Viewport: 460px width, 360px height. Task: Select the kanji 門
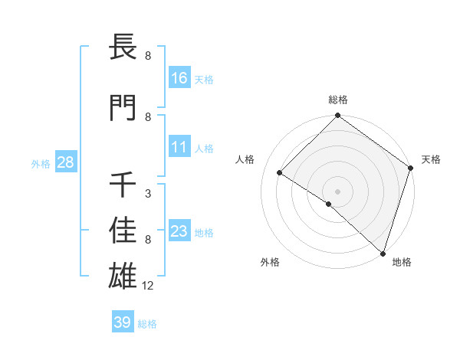point(124,109)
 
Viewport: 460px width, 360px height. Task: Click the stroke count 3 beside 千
point(148,194)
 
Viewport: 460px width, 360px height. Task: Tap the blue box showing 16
point(179,78)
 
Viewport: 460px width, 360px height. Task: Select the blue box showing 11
point(179,147)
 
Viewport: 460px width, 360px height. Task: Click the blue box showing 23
point(179,231)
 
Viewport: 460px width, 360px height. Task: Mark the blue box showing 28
point(65,162)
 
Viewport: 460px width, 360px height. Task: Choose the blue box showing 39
point(122,322)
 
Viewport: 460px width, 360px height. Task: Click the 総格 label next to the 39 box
point(147,324)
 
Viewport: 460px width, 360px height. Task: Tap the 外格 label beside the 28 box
point(41,163)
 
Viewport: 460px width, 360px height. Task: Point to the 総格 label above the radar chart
point(337,100)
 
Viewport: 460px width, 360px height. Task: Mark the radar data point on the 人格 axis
point(280,172)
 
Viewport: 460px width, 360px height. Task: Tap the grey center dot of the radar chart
point(337,191)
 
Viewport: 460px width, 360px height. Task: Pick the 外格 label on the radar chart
point(270,262)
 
